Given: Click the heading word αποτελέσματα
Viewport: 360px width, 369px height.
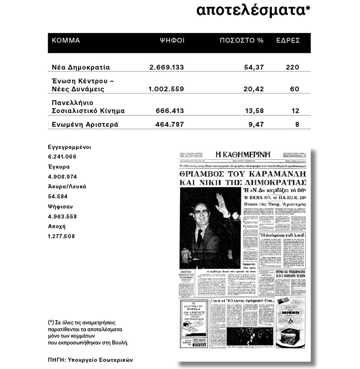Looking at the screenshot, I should tap(253, 12).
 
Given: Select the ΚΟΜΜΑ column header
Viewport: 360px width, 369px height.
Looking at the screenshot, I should tap(66, 40).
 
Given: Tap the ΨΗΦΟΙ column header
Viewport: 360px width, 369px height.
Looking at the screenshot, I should tap(172, 40).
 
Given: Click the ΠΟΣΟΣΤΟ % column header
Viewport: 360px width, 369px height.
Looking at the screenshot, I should tap(241, 40).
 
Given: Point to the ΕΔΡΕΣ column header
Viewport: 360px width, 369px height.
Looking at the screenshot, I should tap(288, 40).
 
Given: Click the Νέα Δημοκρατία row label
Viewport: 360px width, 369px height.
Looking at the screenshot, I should tap(81, 67).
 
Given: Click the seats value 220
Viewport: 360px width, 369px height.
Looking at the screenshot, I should tap(292, 67).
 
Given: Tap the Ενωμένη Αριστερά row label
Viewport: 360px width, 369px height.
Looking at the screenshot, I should tap(85, 124).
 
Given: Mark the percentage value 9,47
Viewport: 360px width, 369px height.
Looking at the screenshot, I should tap(256, 124).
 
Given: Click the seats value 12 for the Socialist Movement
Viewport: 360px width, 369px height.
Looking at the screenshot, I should tap(295, 111).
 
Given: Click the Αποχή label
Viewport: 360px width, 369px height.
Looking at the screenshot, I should tap(57, 226).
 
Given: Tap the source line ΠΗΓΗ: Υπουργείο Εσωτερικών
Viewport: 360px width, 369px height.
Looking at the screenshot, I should tap(90, 359).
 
